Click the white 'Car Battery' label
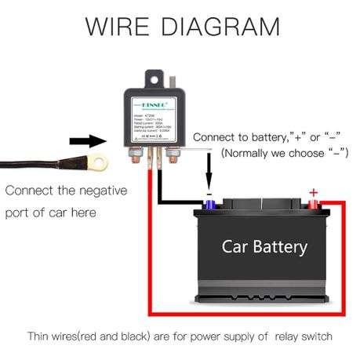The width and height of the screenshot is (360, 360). pyautogui.click(x=264, y=247)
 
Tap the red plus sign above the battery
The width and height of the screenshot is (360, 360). pyautogui.click(x=314, y=192)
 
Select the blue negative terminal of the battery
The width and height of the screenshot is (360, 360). pyautogui.click(x=210, y=205)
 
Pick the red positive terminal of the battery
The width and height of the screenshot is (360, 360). pyautogui.click(x=313, y=205)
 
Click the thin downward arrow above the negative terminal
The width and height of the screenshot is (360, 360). pyautogui.click(x=209, y=169)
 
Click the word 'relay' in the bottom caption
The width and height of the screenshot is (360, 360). pyautogui.click(x=287, y=336)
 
